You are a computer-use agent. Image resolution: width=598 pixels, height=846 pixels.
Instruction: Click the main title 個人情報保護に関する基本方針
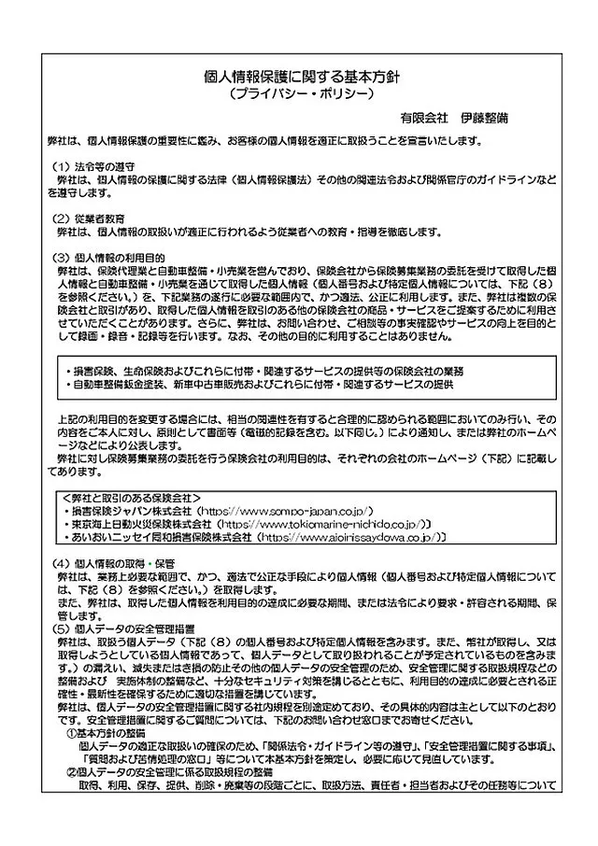(301, 78)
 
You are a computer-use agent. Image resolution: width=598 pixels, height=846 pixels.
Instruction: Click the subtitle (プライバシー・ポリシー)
(301, 96)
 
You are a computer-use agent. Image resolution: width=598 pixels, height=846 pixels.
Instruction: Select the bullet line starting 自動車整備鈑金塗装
(261, 384)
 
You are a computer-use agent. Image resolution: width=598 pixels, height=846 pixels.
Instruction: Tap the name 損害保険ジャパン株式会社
(132, 512)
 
